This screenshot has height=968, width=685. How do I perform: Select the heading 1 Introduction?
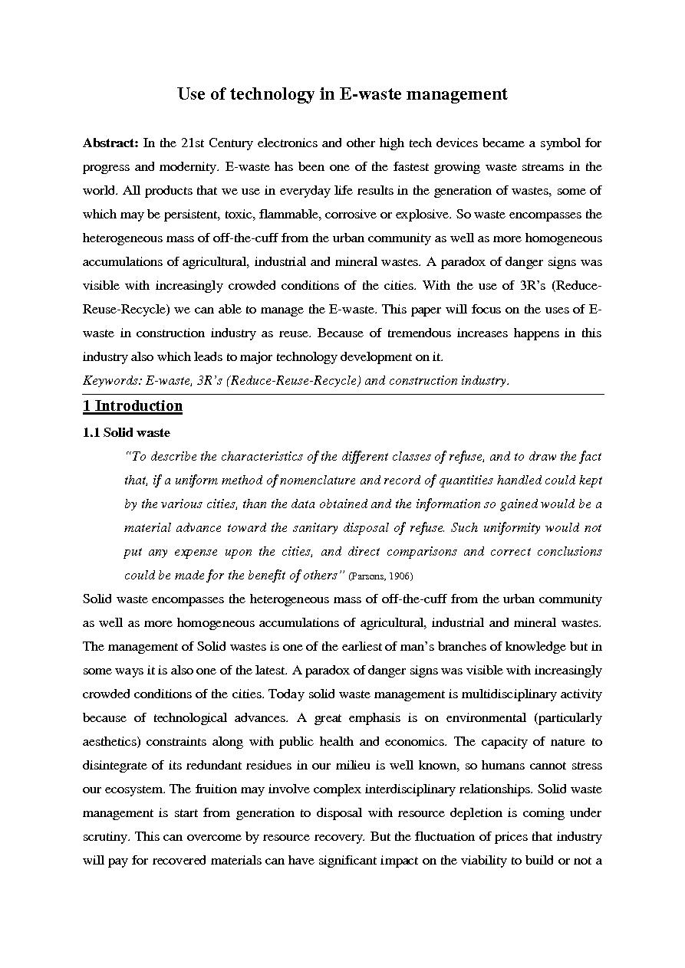pyautogui.click(x=133, y=406)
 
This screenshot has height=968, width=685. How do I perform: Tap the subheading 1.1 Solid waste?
pyautogui.click(x=127, y=432)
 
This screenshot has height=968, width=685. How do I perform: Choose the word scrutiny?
pyautogui.click(x=104, y=836)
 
